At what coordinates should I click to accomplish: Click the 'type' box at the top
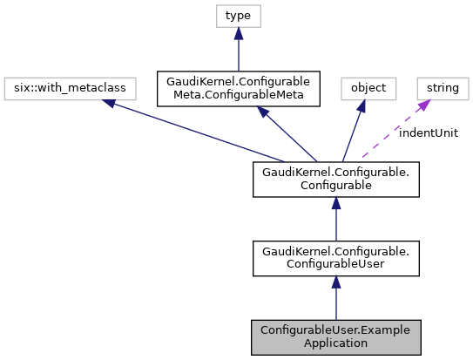click(x=238, y=17)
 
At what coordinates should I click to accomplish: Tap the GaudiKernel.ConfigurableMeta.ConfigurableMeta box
click(x=238, y=88)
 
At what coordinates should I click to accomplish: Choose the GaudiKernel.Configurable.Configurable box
click(x=336, y=177)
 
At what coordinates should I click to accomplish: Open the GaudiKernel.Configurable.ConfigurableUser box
click(x=336, y=258)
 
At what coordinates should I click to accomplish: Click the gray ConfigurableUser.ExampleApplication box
click(x=336, y=336)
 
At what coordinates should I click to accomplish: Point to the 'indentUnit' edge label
click(x=429, y=132)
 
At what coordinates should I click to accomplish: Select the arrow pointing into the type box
click(x=238, y=48)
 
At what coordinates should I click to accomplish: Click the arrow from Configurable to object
click(x=353, y=131)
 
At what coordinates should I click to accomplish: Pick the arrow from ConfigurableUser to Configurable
click(x=336, y=218)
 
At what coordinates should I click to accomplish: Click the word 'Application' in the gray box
click(x=336, y=343)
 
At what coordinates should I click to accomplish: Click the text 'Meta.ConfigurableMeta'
click(x=238, y=95)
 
